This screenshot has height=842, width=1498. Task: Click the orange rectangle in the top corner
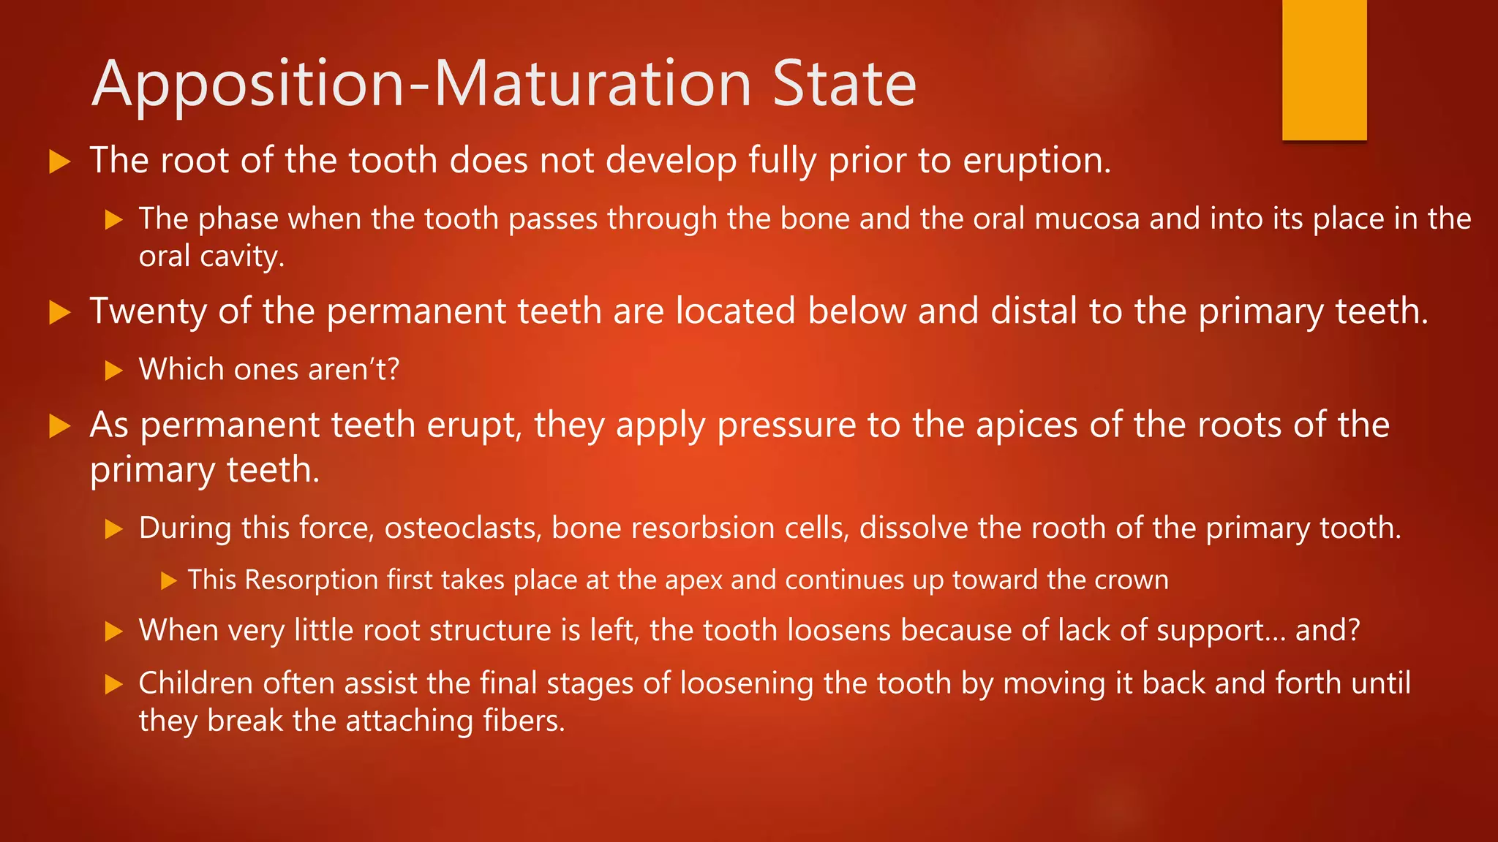tap(1324, 69)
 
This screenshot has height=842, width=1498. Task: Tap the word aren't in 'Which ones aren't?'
tap(353, 370)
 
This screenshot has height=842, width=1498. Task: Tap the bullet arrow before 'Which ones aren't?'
tap(113, 371)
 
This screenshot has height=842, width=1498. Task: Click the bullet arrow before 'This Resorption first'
tap(169, 581)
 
